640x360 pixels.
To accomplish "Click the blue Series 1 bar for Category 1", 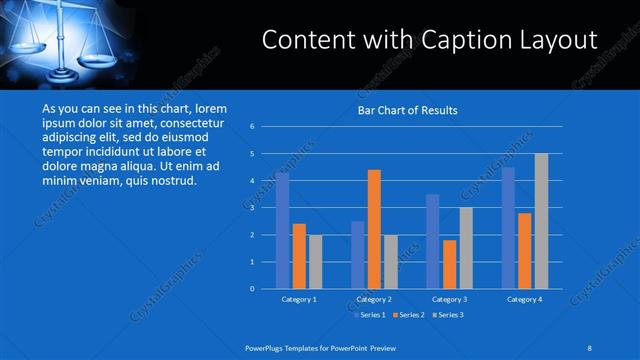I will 283,231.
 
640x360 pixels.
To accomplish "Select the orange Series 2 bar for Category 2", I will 374,229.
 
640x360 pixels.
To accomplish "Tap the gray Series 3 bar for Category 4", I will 541,221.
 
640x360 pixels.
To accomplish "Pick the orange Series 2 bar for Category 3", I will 449,264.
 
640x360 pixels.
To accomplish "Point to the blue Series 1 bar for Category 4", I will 508,228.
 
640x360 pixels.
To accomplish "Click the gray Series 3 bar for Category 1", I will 316,262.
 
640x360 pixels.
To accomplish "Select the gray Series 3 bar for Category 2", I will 391,262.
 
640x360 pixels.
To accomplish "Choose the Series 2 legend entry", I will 408,315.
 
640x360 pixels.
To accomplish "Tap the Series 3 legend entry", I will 449,315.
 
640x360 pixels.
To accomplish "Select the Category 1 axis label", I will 300,299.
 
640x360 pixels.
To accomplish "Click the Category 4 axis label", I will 524,299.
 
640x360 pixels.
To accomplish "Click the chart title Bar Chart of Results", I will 408,110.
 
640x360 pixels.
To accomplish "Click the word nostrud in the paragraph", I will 175,182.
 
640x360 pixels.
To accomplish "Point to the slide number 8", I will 590,347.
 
